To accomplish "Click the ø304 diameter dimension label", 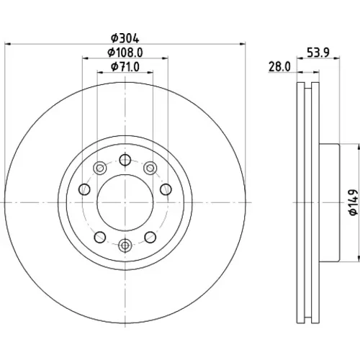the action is point(125,38).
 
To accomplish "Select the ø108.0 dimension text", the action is point(125,53).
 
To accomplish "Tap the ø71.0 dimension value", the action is point(125,67).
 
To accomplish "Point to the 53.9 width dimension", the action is point(318,53).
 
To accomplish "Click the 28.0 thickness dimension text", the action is point(279,66).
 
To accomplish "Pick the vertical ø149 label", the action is point(353,202).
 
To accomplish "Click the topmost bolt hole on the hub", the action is point(125,160).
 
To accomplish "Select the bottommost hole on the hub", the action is point(125,246).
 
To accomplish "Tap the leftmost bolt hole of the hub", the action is point(84,189).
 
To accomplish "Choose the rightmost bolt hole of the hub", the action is point(166,189).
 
